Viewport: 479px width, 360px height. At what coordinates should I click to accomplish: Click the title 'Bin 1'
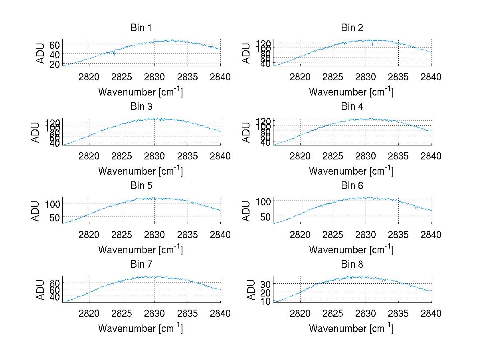point(141,28)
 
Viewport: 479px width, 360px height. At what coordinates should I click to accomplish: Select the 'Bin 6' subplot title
point(352,185)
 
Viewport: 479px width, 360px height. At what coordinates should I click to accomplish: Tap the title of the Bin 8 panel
point(352,265)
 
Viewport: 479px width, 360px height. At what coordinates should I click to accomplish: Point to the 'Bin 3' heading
point(141,107)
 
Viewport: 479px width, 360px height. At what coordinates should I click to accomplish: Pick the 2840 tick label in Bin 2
point(431,77)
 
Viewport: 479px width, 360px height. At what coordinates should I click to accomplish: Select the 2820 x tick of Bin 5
point(89,235)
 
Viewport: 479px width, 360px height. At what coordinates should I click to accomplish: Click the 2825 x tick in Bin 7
point(122,314)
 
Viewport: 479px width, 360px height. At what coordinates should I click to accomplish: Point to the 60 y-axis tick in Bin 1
point(55,44)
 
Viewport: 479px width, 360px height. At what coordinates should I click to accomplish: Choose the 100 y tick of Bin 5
point(53,203)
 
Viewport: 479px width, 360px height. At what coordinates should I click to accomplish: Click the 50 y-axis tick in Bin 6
point(265,217)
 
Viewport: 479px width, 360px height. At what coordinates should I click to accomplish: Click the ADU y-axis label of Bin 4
point(247,132)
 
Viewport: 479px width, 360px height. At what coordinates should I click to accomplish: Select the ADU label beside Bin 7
point(36,290)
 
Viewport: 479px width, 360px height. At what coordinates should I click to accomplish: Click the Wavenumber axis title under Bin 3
point(141,171)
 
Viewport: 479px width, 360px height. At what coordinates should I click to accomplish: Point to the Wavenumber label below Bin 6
point(351,250)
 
